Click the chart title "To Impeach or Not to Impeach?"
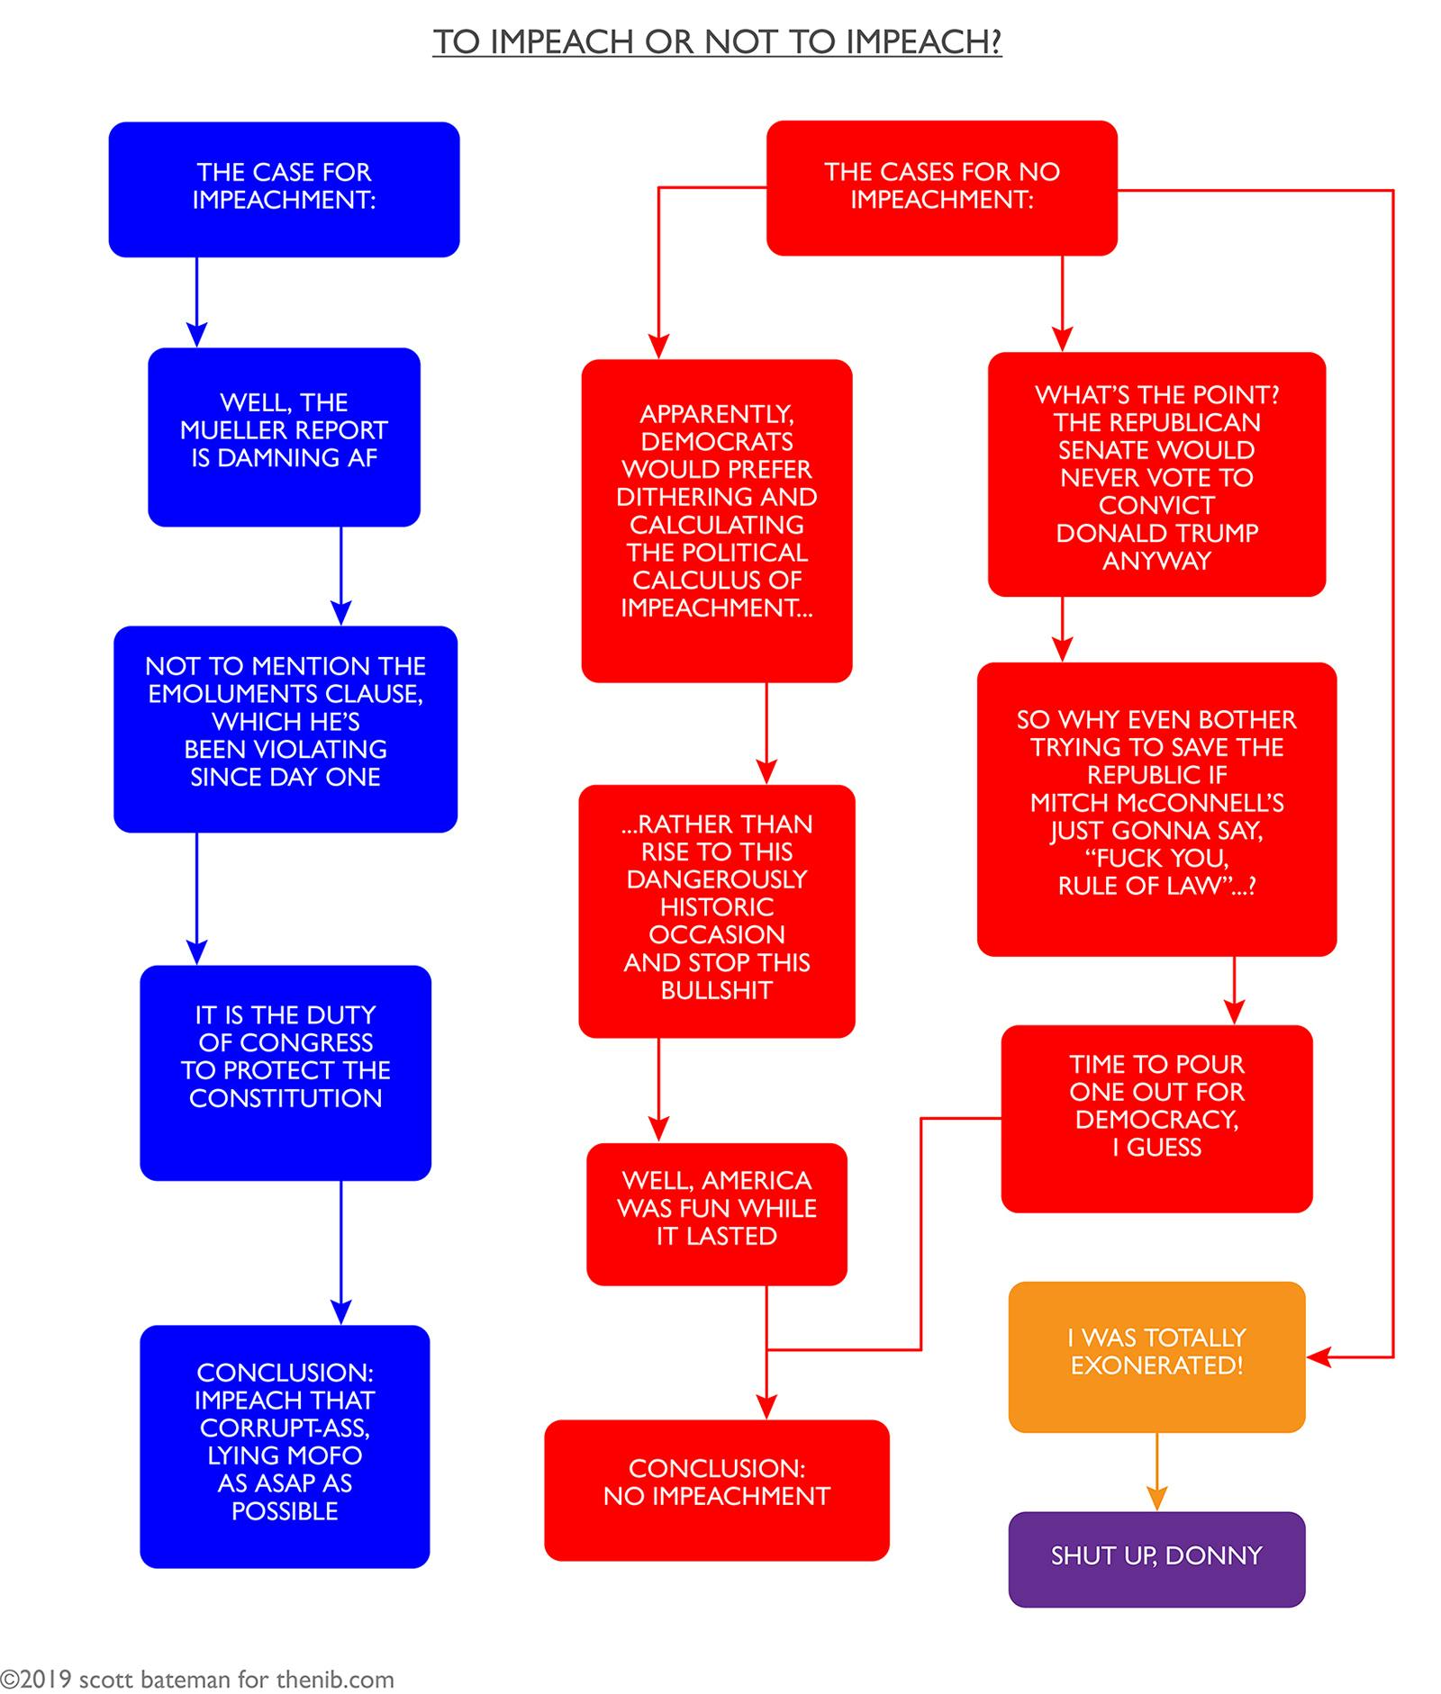point(717,42)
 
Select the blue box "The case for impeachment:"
point(284,188)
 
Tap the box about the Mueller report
point(284,436)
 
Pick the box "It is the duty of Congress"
point(285,1071)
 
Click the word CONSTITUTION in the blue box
point(285,1098)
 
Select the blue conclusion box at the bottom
point(285,1444)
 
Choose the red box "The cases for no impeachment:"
point(941,187)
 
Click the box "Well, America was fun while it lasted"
point(716,1212)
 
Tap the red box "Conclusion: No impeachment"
point(716,1489)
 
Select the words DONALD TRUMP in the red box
point(1156,533)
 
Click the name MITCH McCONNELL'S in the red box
point(1156,803)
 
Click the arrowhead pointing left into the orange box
point(1318,1356)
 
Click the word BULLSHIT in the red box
point(716,990)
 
